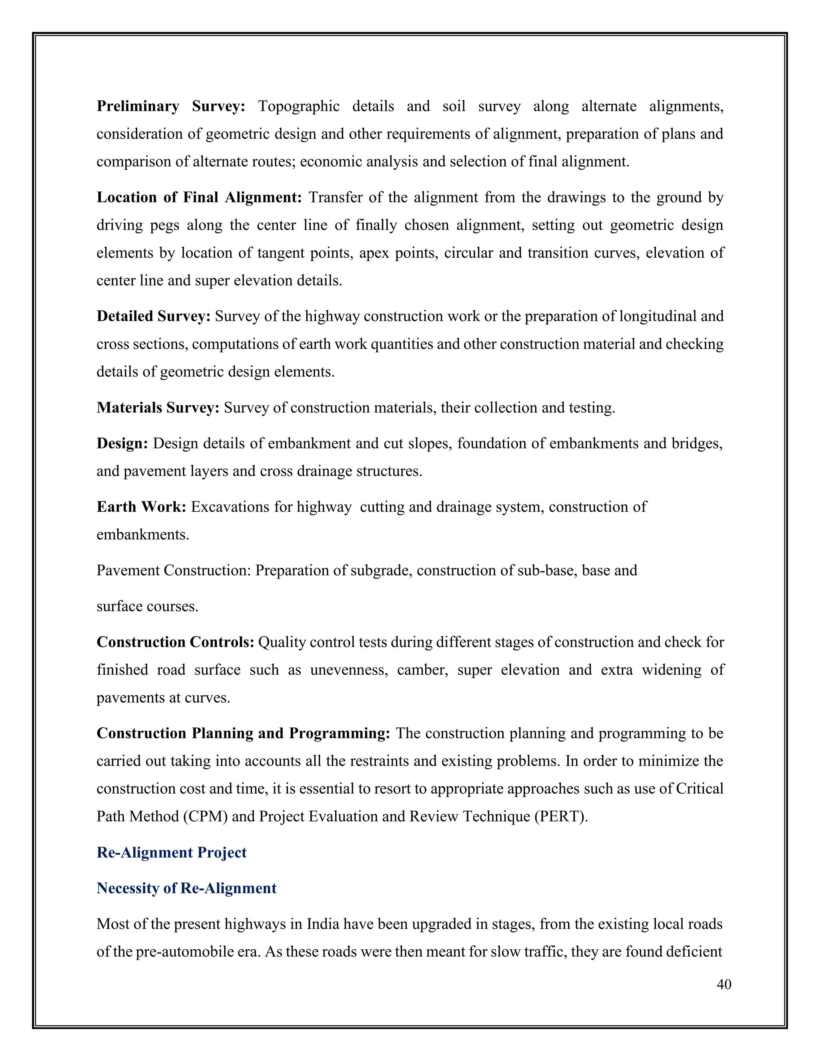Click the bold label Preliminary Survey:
click(171, 107)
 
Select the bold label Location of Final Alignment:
click(199, 198)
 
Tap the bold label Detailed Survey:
click(153, 316)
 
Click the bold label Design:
click(122, 444)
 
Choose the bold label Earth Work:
click(141, 507)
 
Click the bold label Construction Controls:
click(175, 642)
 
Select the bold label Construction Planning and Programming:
click(243, 733)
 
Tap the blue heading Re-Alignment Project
click(171, 852)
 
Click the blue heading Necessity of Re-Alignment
click(187, 888)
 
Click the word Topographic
click(298, 107)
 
